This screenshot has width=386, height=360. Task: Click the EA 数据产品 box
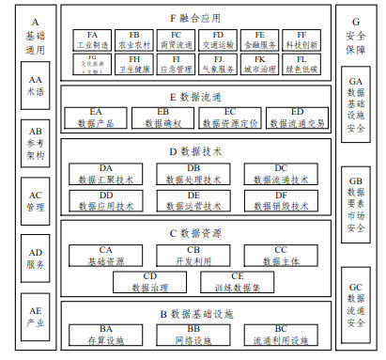[x=95, y=117]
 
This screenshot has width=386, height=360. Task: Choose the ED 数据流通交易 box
[x=298, y=117]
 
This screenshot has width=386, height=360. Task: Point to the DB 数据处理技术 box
[x=193, y=174]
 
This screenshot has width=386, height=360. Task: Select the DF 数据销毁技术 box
[x=281, y=199]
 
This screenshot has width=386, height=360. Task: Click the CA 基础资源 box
[x=105, y=255]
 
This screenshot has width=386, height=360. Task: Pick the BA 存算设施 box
[x=105, y=333]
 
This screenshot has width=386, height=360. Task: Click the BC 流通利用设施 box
[x=281, y=333]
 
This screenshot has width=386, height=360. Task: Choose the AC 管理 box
[x=36, y=201]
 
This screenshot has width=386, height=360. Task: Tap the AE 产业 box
[x=36, y=315]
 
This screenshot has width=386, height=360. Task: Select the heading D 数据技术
[x=193, y=149]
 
